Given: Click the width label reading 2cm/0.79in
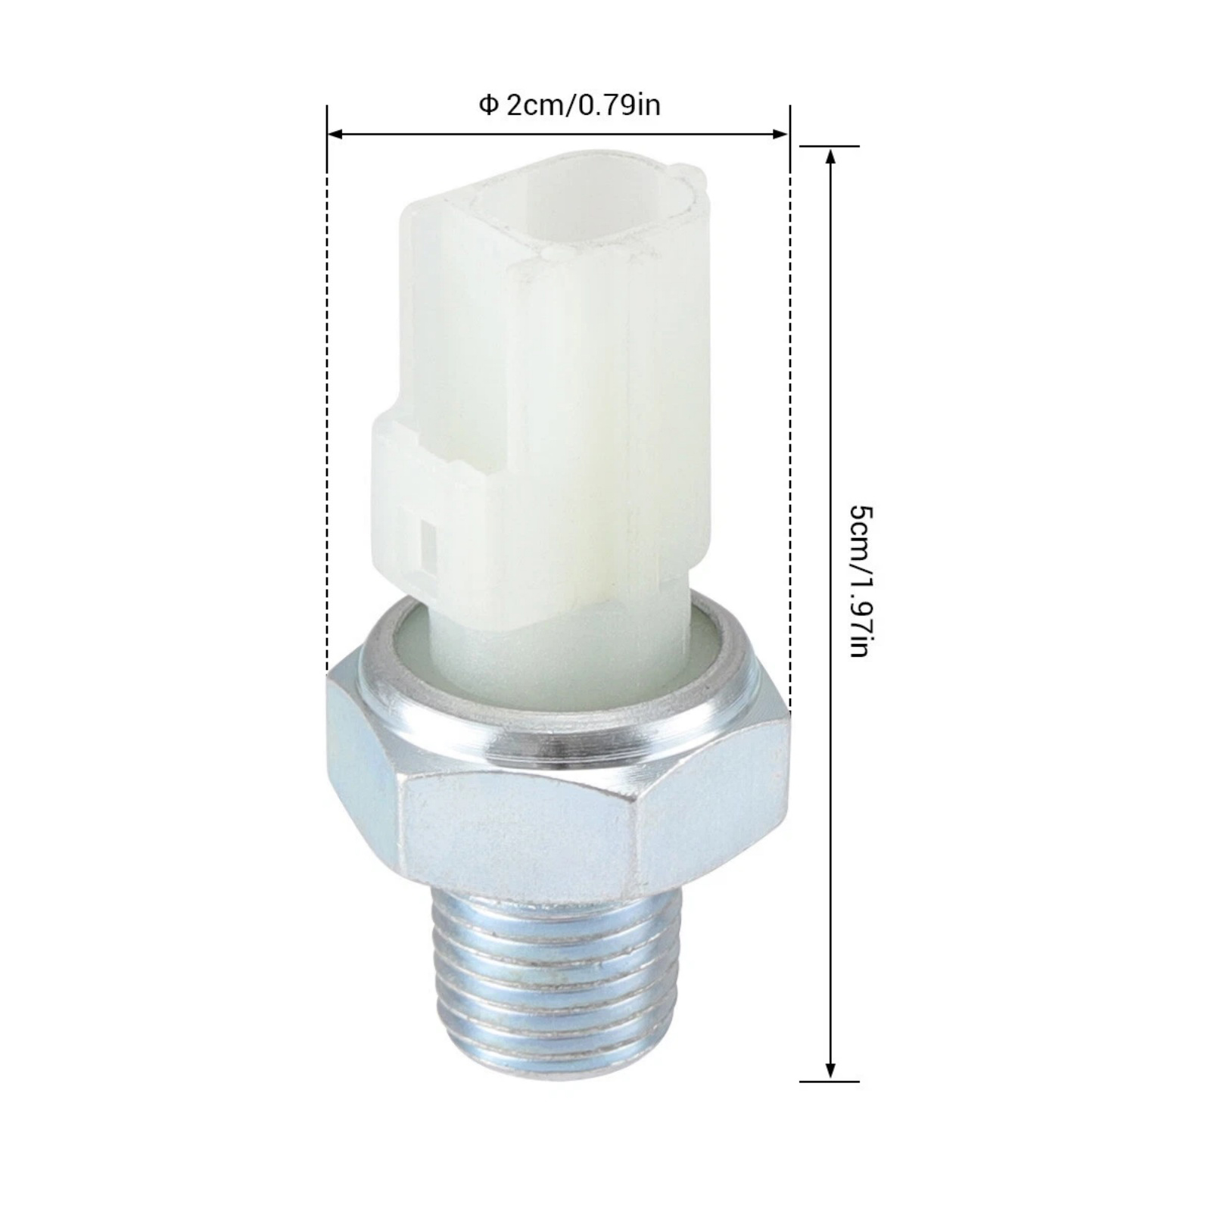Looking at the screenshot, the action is click(x=583, y=105).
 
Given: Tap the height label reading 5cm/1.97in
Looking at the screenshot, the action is click(x=861, y=581).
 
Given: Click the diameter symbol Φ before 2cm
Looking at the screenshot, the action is click(x=488, y=105).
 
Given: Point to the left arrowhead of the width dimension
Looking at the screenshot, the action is click(x=336, y=135).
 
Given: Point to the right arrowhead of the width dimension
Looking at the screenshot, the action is click(x=780, y=135).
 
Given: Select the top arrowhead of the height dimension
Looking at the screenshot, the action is click(x=830, y=157).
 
